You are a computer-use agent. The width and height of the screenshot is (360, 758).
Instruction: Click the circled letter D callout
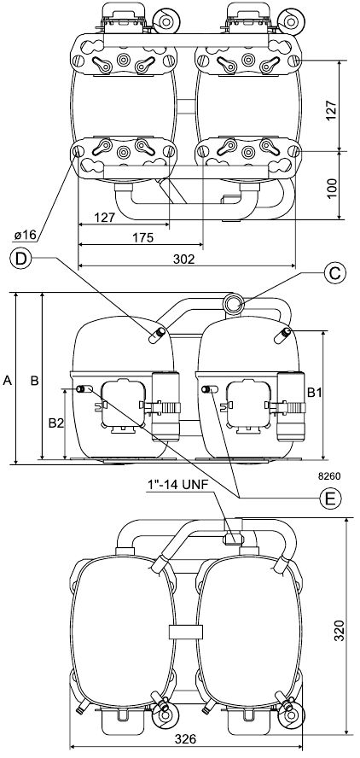[x=20, y=258]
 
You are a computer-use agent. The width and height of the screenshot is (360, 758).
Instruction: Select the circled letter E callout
[x=330, y=498]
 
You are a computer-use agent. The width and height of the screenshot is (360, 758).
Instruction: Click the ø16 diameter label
[x=26, y=235]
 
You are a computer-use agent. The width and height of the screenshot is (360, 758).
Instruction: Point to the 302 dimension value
[x=183, y=259]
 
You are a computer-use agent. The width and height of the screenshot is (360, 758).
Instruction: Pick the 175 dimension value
[x=143, y=238]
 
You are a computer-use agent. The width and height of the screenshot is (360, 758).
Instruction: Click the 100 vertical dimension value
[x=332, y=184]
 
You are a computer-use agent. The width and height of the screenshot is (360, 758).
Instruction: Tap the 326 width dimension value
[x=186, y=739]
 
